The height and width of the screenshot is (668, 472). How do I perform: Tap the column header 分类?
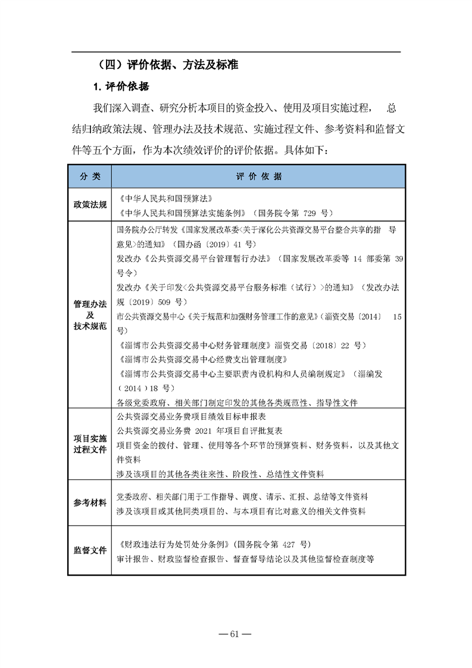[90, 177]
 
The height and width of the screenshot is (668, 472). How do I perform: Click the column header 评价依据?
[258, 177]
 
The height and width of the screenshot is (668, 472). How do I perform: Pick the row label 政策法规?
[90, 205]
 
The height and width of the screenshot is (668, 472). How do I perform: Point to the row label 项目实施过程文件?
[90, 444]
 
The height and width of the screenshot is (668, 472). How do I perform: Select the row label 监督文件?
[90, 550]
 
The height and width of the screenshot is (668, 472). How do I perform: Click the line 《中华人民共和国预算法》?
[162, 199]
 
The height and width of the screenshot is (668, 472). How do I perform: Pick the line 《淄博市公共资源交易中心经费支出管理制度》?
[202, 360]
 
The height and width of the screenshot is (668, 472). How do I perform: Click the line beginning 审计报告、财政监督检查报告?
[246, 559]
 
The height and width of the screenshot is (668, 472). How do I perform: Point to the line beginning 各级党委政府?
[237, 402]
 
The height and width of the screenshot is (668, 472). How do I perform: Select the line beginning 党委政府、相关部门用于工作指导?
[242, 497]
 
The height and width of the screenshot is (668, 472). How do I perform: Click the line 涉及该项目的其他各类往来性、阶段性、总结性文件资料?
[220, 473]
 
